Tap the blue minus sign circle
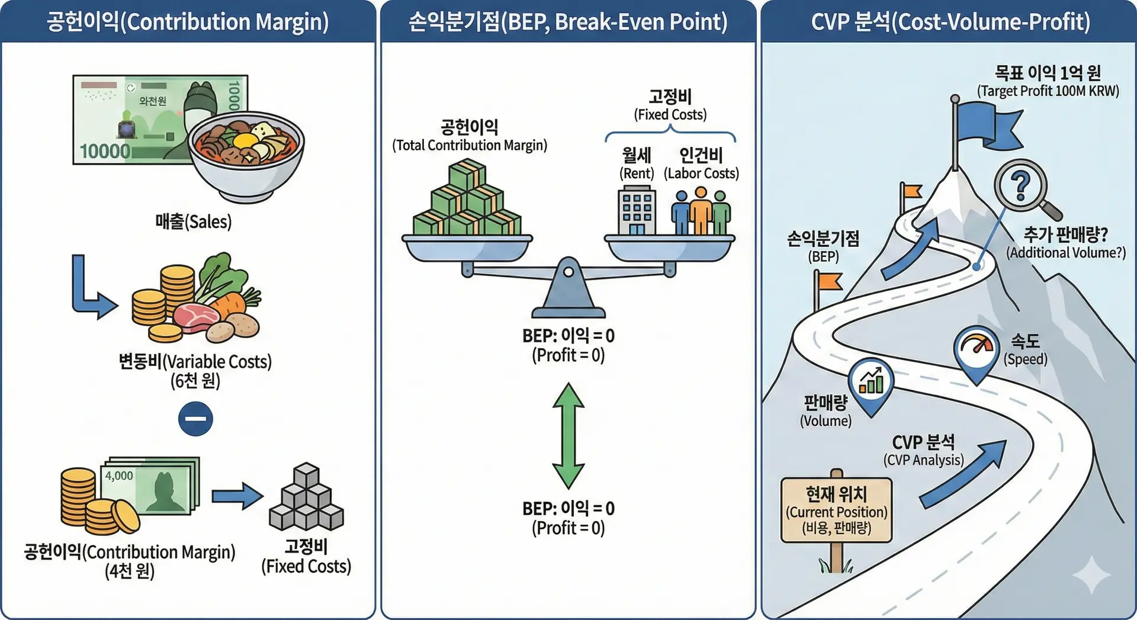[195, 419]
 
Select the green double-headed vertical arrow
[568, 435]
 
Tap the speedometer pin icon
[977, 349]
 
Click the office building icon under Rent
[637, 210]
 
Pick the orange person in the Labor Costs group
[701, 211]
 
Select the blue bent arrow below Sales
[91, 290]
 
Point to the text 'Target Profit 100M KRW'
[1048, 91]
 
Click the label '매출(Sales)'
[193, 222]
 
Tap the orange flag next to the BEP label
[829, 282]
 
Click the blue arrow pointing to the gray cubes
[237, 496]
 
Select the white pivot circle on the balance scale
[568, 272]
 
